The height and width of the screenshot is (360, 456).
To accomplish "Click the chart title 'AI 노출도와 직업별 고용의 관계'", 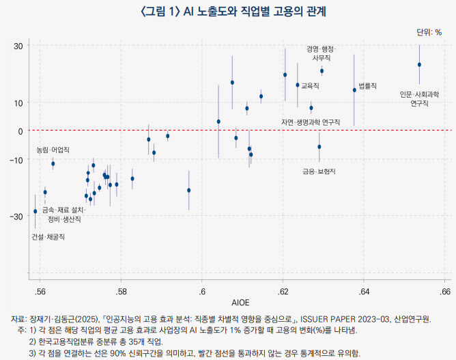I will pos(228,12).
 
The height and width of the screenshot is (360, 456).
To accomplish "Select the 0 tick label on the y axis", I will pos(20,130).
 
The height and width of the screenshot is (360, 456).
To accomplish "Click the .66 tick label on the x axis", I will pos(444,292).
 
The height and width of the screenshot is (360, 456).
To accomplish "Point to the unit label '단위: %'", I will pos(429,32).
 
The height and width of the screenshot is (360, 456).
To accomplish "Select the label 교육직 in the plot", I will pos(311,86).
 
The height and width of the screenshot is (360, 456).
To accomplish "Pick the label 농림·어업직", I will pos(53,149).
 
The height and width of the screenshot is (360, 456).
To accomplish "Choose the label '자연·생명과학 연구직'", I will pos(310,122).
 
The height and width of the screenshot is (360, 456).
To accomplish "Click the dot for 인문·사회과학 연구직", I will pos(419,65).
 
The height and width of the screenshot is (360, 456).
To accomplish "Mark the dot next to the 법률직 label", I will pos(354,90).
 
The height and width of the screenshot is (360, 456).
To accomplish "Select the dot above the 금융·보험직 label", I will pos(319,147).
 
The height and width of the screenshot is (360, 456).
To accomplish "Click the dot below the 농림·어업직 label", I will pos(53,164).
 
